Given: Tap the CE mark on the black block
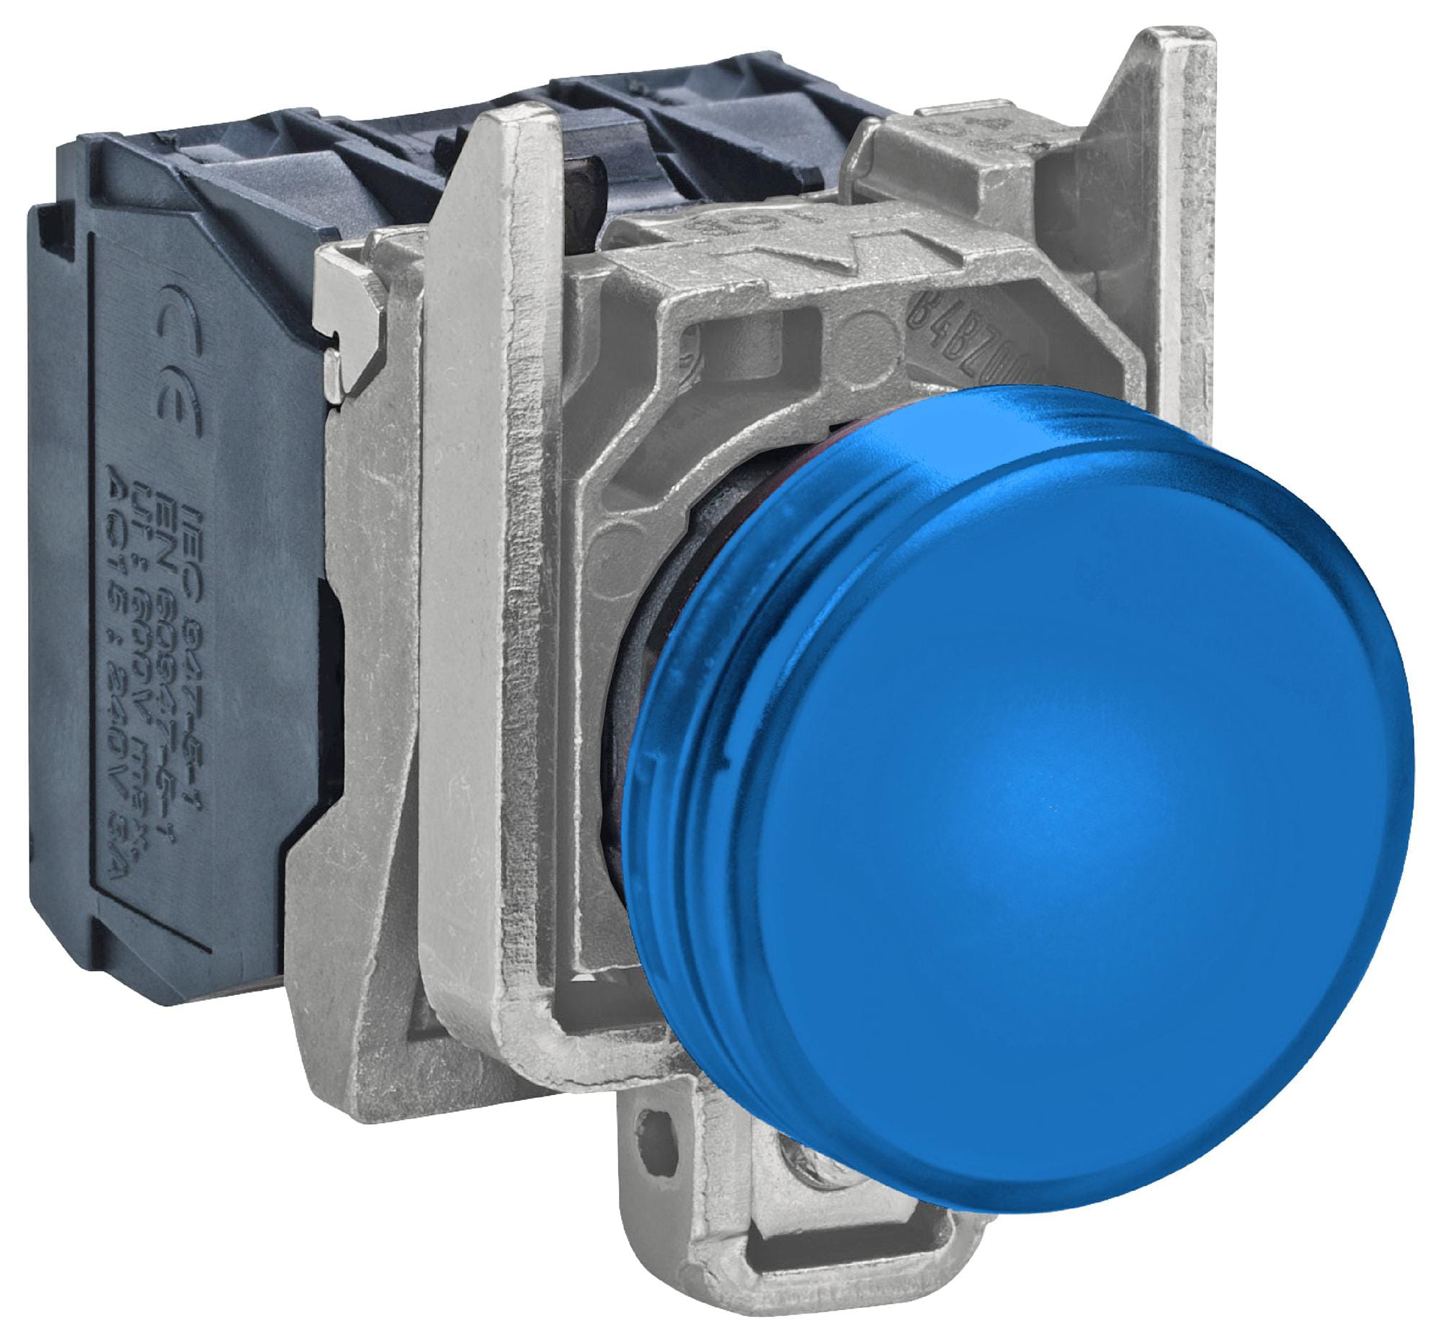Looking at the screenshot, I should [x=168, y=362].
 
